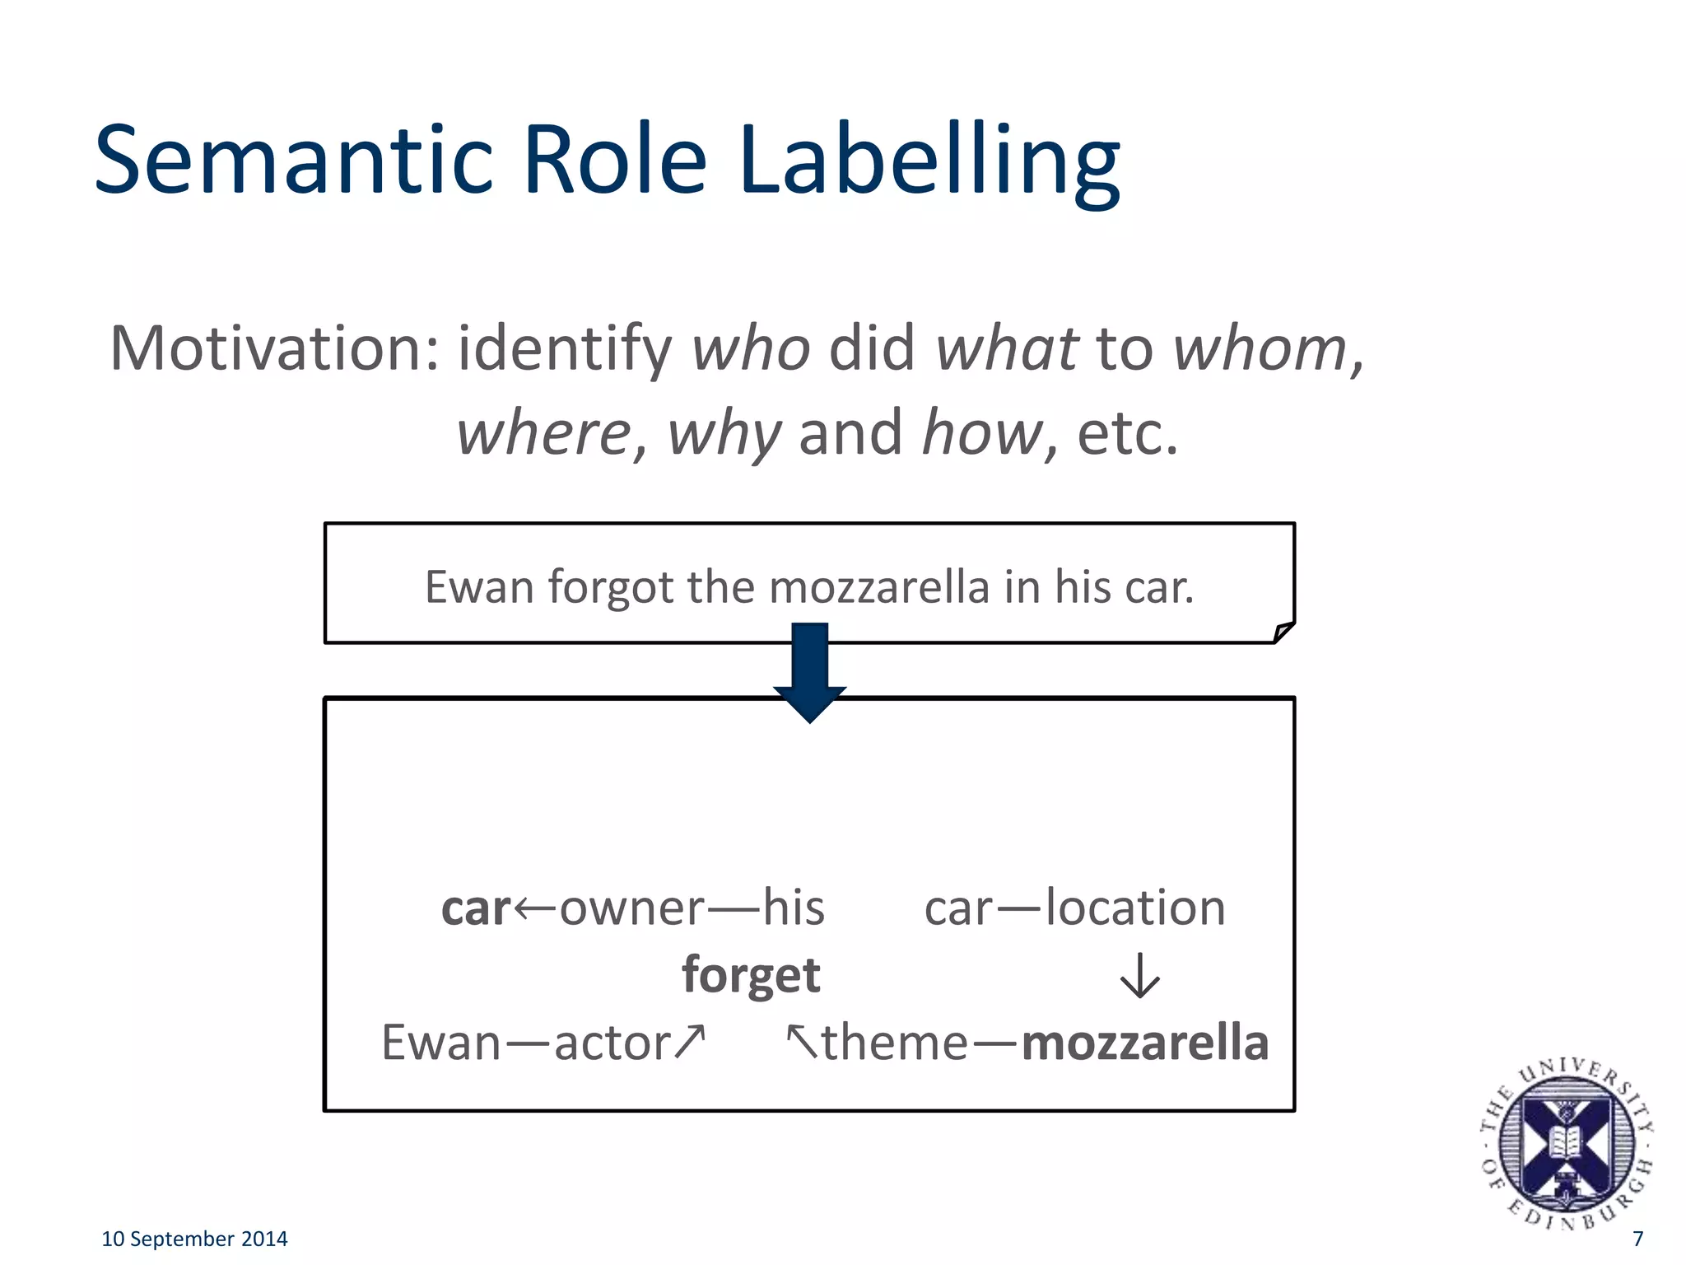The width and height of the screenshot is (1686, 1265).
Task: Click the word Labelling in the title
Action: click(x=929, y=162)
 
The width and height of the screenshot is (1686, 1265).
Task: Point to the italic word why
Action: click(x=724, y=433)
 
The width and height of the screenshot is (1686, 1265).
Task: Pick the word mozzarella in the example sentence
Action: click(x=879, y=587)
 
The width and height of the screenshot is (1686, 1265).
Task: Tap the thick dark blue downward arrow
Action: click(x=810, y=671)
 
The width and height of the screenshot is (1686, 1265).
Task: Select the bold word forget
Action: click(x=751, y=975)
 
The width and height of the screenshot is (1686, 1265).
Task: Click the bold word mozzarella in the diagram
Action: click(x=1144, y=1043)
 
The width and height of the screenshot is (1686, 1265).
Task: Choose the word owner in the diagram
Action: click(x=631, y=908)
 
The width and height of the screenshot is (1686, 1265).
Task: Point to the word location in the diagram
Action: click(x=1135, y=908)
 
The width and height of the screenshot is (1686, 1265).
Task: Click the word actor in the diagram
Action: click(x=612, y=1043)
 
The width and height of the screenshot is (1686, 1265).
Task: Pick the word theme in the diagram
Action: click(x=895, y=1043)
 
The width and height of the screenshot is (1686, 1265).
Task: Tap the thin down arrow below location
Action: click(x=1140, y=976)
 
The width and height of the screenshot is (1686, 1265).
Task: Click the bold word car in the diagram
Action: click(x=476, y=908)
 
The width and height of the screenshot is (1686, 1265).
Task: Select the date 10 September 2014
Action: click(x=194, y=1239)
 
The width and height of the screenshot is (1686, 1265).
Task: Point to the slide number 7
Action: click(x=1637, y=1239)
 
